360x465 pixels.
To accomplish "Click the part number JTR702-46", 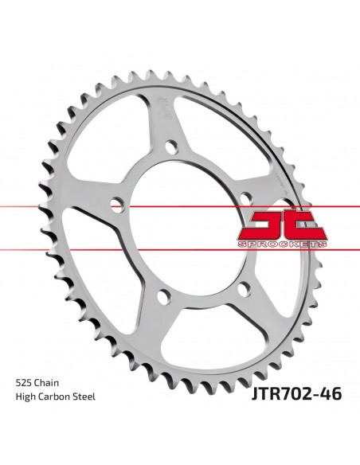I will tap(290, 414).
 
